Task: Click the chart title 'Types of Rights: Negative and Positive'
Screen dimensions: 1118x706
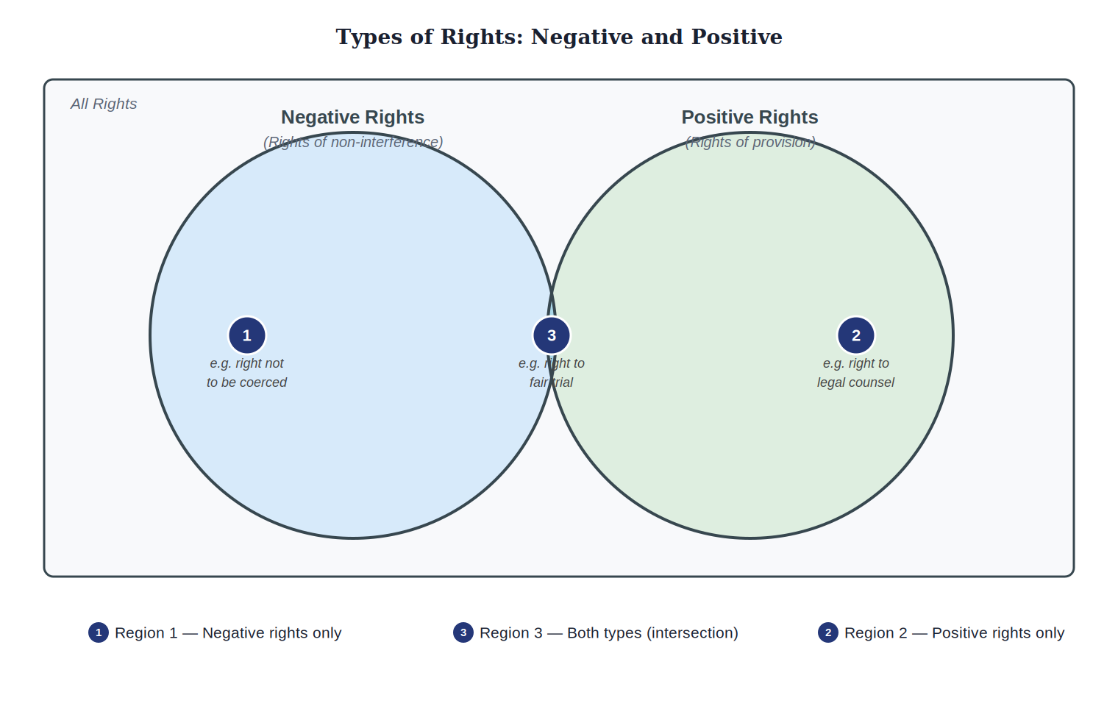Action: (559, 38)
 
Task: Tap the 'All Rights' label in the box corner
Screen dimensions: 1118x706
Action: (103, 104)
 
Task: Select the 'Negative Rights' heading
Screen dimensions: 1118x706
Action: (352, 117)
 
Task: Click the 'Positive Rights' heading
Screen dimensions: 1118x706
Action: (750, 117)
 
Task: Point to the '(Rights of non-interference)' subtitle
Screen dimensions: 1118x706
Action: (353, 142)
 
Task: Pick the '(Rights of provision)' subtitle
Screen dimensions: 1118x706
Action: (750, 142)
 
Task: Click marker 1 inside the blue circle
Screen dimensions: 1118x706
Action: (247, 335)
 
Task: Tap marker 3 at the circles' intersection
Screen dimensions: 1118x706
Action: (552, 335)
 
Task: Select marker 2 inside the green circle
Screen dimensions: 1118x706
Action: (856, 335)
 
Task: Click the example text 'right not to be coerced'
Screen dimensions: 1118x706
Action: (246, 373)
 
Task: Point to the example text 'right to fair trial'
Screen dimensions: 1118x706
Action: (552, 373)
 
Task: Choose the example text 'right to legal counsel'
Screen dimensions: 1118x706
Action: (856, 373)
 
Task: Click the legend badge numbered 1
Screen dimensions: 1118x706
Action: (99, 632)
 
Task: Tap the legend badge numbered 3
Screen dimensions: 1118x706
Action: (463, 632)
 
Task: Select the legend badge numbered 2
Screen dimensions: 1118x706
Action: (828, 632)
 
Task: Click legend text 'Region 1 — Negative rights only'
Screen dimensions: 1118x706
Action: (228, 632)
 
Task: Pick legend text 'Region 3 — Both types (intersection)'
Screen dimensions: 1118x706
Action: (609, 632)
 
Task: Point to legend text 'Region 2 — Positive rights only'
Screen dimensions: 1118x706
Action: (954, 632)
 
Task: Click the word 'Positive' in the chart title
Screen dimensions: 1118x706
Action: (737, 38)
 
